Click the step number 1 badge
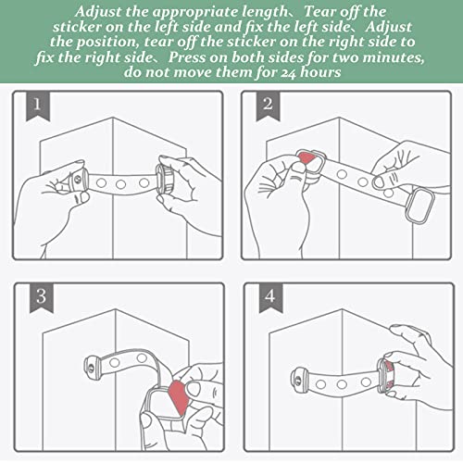[37, 106]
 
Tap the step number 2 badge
[268, 106]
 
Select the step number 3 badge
[42, 298]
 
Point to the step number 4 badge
[270, 298]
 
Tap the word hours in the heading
[320, 72]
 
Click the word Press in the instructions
[186, 57]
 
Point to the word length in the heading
[264, 13]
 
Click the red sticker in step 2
[307, 158]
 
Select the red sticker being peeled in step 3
[179, 397]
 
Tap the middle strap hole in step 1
[120, 184]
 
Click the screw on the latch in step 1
[78, 179]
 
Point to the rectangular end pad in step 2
[419, 205]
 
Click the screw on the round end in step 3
[91, 367]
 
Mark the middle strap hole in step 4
[342, 384]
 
